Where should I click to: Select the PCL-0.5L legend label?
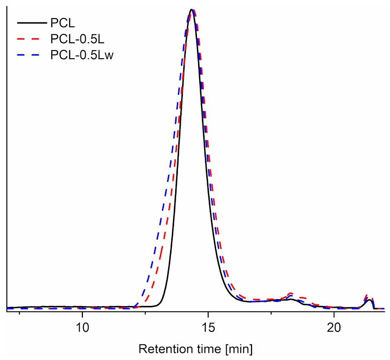(x=74, y=38)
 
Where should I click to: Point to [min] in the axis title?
(x=239, y=349)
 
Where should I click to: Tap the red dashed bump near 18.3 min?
(x=290, y=293)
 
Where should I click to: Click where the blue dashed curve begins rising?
(x=135, y=306)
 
